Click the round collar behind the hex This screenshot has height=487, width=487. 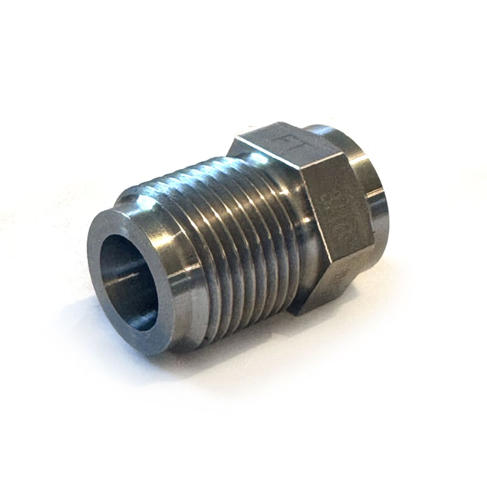[x=365, y=183]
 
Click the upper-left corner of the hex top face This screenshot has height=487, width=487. [x=234, y=146]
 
